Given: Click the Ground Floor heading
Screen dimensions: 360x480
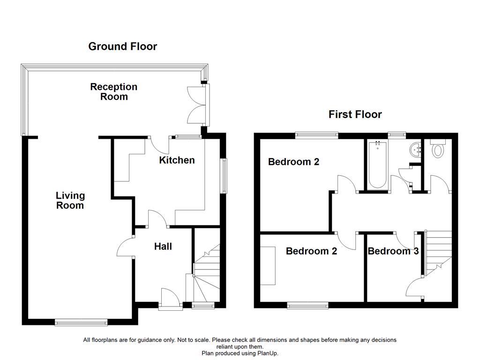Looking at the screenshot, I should pyautogui.click(x=122, y=46).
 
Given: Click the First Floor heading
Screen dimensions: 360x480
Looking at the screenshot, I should pyautogui.click(x=355, y=114).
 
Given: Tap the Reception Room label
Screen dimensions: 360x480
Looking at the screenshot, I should pyautogui.click(x=114, y=92).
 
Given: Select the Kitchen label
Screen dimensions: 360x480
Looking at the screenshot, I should pyautogui.click(x=177, y=160).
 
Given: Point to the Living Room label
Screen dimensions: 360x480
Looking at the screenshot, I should pyautogui.click(x=70, y=200).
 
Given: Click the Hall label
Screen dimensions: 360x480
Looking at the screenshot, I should pyautogui.click(x=163, y=247).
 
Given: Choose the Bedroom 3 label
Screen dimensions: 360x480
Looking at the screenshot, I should pyautogui.click(x=393, y=251).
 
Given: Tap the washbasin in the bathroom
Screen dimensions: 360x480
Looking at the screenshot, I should pyautogui.click(x=415, y=150).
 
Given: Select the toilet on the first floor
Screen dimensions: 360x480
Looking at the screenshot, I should pyautogui.click(x=438, y=149).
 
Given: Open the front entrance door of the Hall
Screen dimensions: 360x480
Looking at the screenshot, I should pyautogui.click(x=170, y=299).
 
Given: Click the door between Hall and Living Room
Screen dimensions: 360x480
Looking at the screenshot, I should pyautogui.click(x=126, y=247).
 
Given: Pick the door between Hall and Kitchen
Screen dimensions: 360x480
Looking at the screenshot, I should pyautogui.click(x=157, y=218).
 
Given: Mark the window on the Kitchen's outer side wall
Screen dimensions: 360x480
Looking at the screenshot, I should pyautogui.click(x=224, y=176).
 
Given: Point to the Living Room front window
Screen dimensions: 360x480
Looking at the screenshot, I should pyautogui.click(x=81, y=322).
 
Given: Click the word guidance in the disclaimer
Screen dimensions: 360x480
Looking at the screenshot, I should pyautogui.click(x=146, y=340).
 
